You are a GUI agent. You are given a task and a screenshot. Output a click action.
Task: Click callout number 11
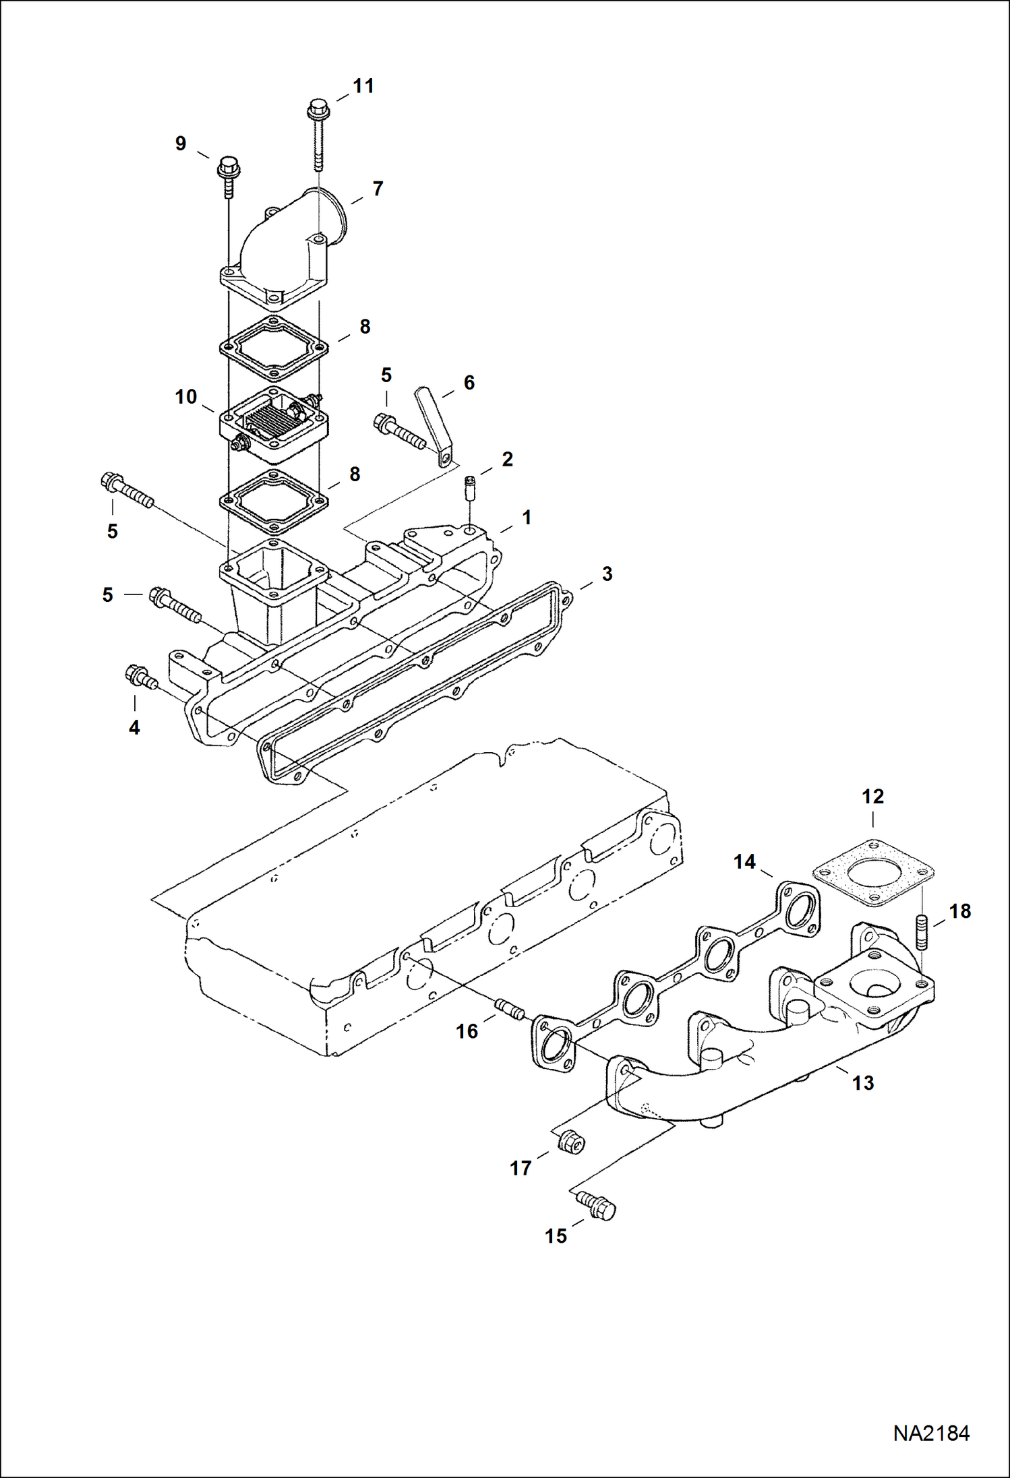363,86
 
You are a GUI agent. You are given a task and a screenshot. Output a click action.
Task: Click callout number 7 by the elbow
378,189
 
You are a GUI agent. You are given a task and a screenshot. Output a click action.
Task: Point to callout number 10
186,397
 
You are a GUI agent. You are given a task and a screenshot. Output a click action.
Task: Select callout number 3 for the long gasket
607,574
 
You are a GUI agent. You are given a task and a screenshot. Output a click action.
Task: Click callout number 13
863,1083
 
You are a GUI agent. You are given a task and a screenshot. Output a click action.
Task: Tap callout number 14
744,862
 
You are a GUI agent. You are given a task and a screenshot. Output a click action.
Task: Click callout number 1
527,518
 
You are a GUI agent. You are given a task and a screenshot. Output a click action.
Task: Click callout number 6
469,383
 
